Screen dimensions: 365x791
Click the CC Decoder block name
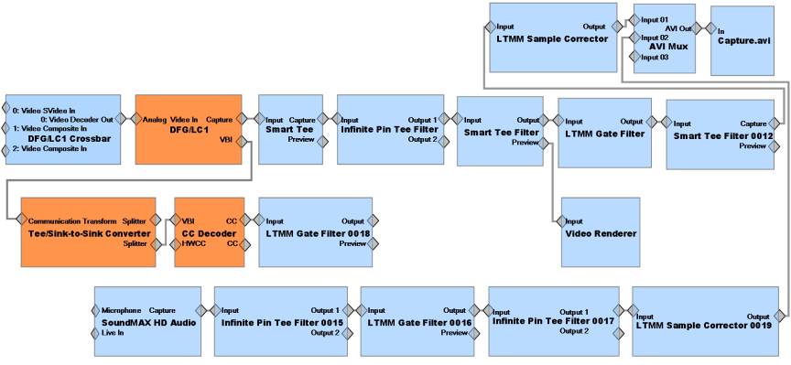pyautogui.click(x=208, y=233)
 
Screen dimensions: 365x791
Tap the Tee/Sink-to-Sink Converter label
pyautogui.click(x=87, y=233)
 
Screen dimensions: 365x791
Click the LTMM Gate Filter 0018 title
pyautogui.click(x=316, y=233)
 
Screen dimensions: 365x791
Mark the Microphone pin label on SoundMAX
pyautogui.click(x=121, y=310)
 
